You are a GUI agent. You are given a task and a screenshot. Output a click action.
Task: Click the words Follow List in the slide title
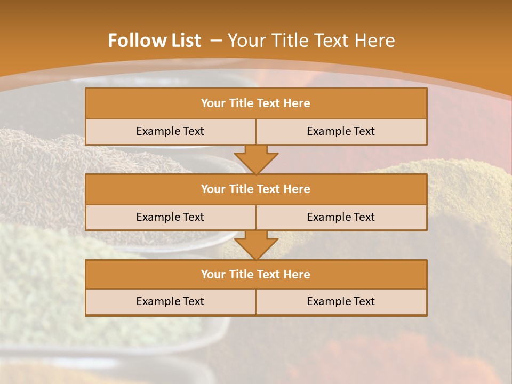(x=154, y=41)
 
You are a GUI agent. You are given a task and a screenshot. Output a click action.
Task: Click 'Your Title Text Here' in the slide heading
(x=311, y=41)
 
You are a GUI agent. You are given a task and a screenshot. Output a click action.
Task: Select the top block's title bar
(x=256, y=103)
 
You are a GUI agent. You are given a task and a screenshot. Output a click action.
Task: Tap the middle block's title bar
(x=256, y=189)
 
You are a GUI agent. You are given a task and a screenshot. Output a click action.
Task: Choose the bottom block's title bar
(x=256, y=274)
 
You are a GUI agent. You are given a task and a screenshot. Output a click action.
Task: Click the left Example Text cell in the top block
(x=170, y=131)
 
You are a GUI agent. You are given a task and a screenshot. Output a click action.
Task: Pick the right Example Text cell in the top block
(x=341, y=131)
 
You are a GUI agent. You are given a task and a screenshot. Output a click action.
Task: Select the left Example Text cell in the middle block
(x=170, y=217)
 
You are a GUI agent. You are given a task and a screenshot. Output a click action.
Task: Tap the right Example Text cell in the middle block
(x=341, y=217)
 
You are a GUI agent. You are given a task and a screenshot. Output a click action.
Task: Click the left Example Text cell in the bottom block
(x=170, y=301)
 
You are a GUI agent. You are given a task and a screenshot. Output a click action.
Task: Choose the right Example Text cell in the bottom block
(x=341, y=301)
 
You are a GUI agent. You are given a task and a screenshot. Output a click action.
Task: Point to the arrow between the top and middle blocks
(x=256, y=159)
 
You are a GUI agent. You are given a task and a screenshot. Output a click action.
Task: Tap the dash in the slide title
(x=216, y=41)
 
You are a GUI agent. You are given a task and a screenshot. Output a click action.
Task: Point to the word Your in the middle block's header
(x=213, y=189)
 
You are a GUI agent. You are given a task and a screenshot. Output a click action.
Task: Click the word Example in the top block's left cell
(x=158, y=131)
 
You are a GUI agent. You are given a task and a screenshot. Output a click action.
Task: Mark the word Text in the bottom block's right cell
(x=363, y=301)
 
